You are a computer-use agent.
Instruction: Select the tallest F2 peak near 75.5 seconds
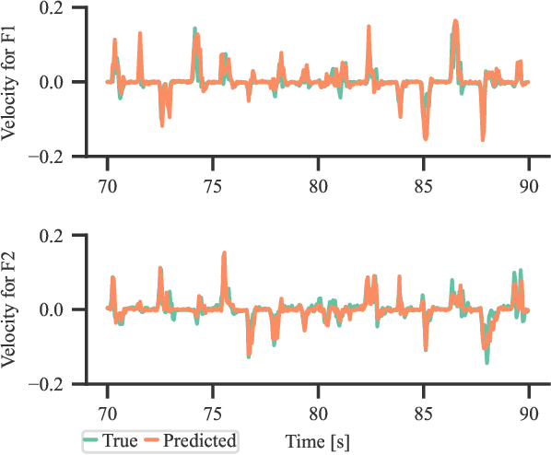pos(224,252)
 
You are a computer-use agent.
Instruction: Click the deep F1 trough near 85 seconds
pos(426,138)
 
